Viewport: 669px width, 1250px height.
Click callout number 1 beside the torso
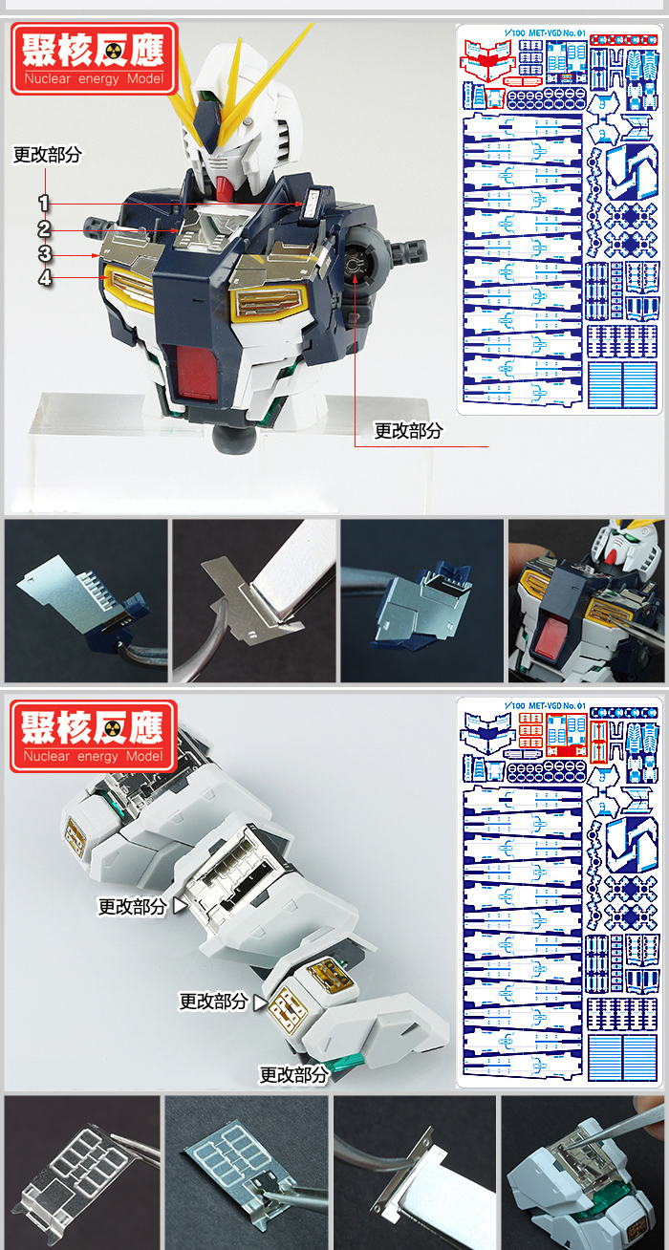point(44,203)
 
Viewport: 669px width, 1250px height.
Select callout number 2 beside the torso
point(44,228)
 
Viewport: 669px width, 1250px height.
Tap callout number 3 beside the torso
point(44,253)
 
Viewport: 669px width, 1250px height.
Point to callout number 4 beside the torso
point(44,278)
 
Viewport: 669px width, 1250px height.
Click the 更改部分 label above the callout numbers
point(47,155)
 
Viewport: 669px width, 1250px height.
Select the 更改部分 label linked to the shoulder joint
point(408,431)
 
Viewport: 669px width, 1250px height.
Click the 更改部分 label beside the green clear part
point(293,1074)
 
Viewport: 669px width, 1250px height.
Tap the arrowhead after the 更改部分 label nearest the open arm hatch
point(178,905)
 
